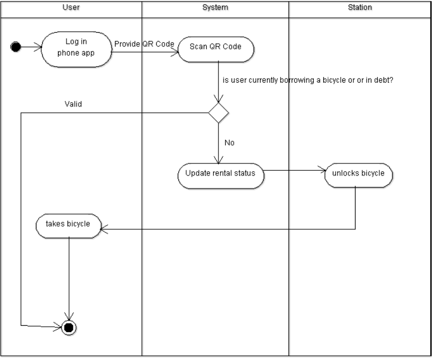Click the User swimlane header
71,7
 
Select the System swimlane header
215,7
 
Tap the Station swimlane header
360,7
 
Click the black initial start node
16,47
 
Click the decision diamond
218,113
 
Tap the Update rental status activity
220,173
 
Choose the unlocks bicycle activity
358,173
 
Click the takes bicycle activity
68,224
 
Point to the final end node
69,327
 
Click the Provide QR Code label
144,44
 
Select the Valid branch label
73,104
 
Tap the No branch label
229,143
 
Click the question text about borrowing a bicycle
309,81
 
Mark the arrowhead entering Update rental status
218,161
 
